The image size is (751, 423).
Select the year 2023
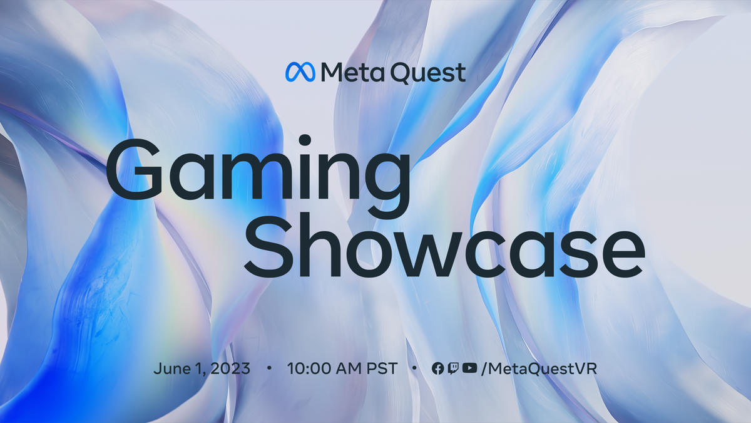coord(230,368)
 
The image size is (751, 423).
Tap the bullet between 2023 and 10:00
coord(269,368)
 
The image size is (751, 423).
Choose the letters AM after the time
coord(350,368)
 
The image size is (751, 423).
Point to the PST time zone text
coord(382,368)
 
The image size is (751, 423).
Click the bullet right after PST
coord(414,368)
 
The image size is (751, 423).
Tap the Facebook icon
coord(438,368)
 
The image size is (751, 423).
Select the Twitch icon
coord(453,368)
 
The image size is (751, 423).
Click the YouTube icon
coord(469,368)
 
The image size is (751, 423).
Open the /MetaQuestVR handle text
coord(538,368)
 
